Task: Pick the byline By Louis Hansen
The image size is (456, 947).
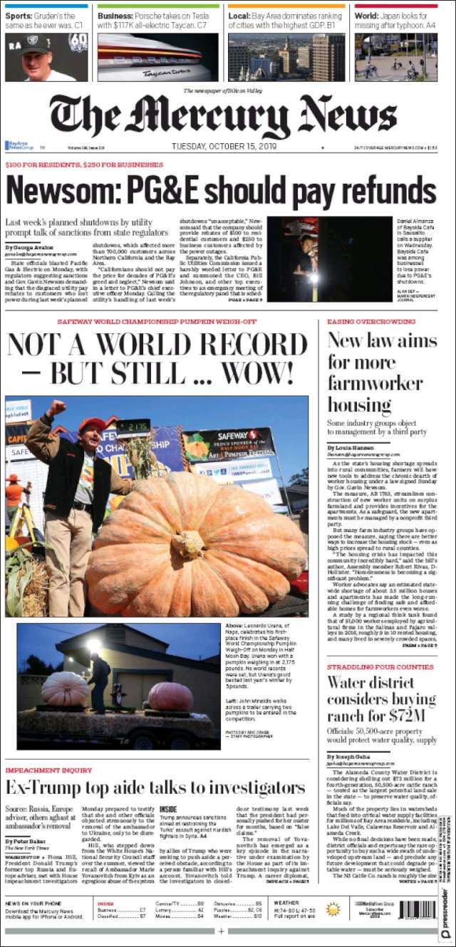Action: point(351,447)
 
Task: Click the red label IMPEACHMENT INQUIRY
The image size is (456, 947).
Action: point(48,770)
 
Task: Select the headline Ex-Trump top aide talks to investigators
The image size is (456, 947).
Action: point(155,788)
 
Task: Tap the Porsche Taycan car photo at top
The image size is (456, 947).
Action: point(157,58)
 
